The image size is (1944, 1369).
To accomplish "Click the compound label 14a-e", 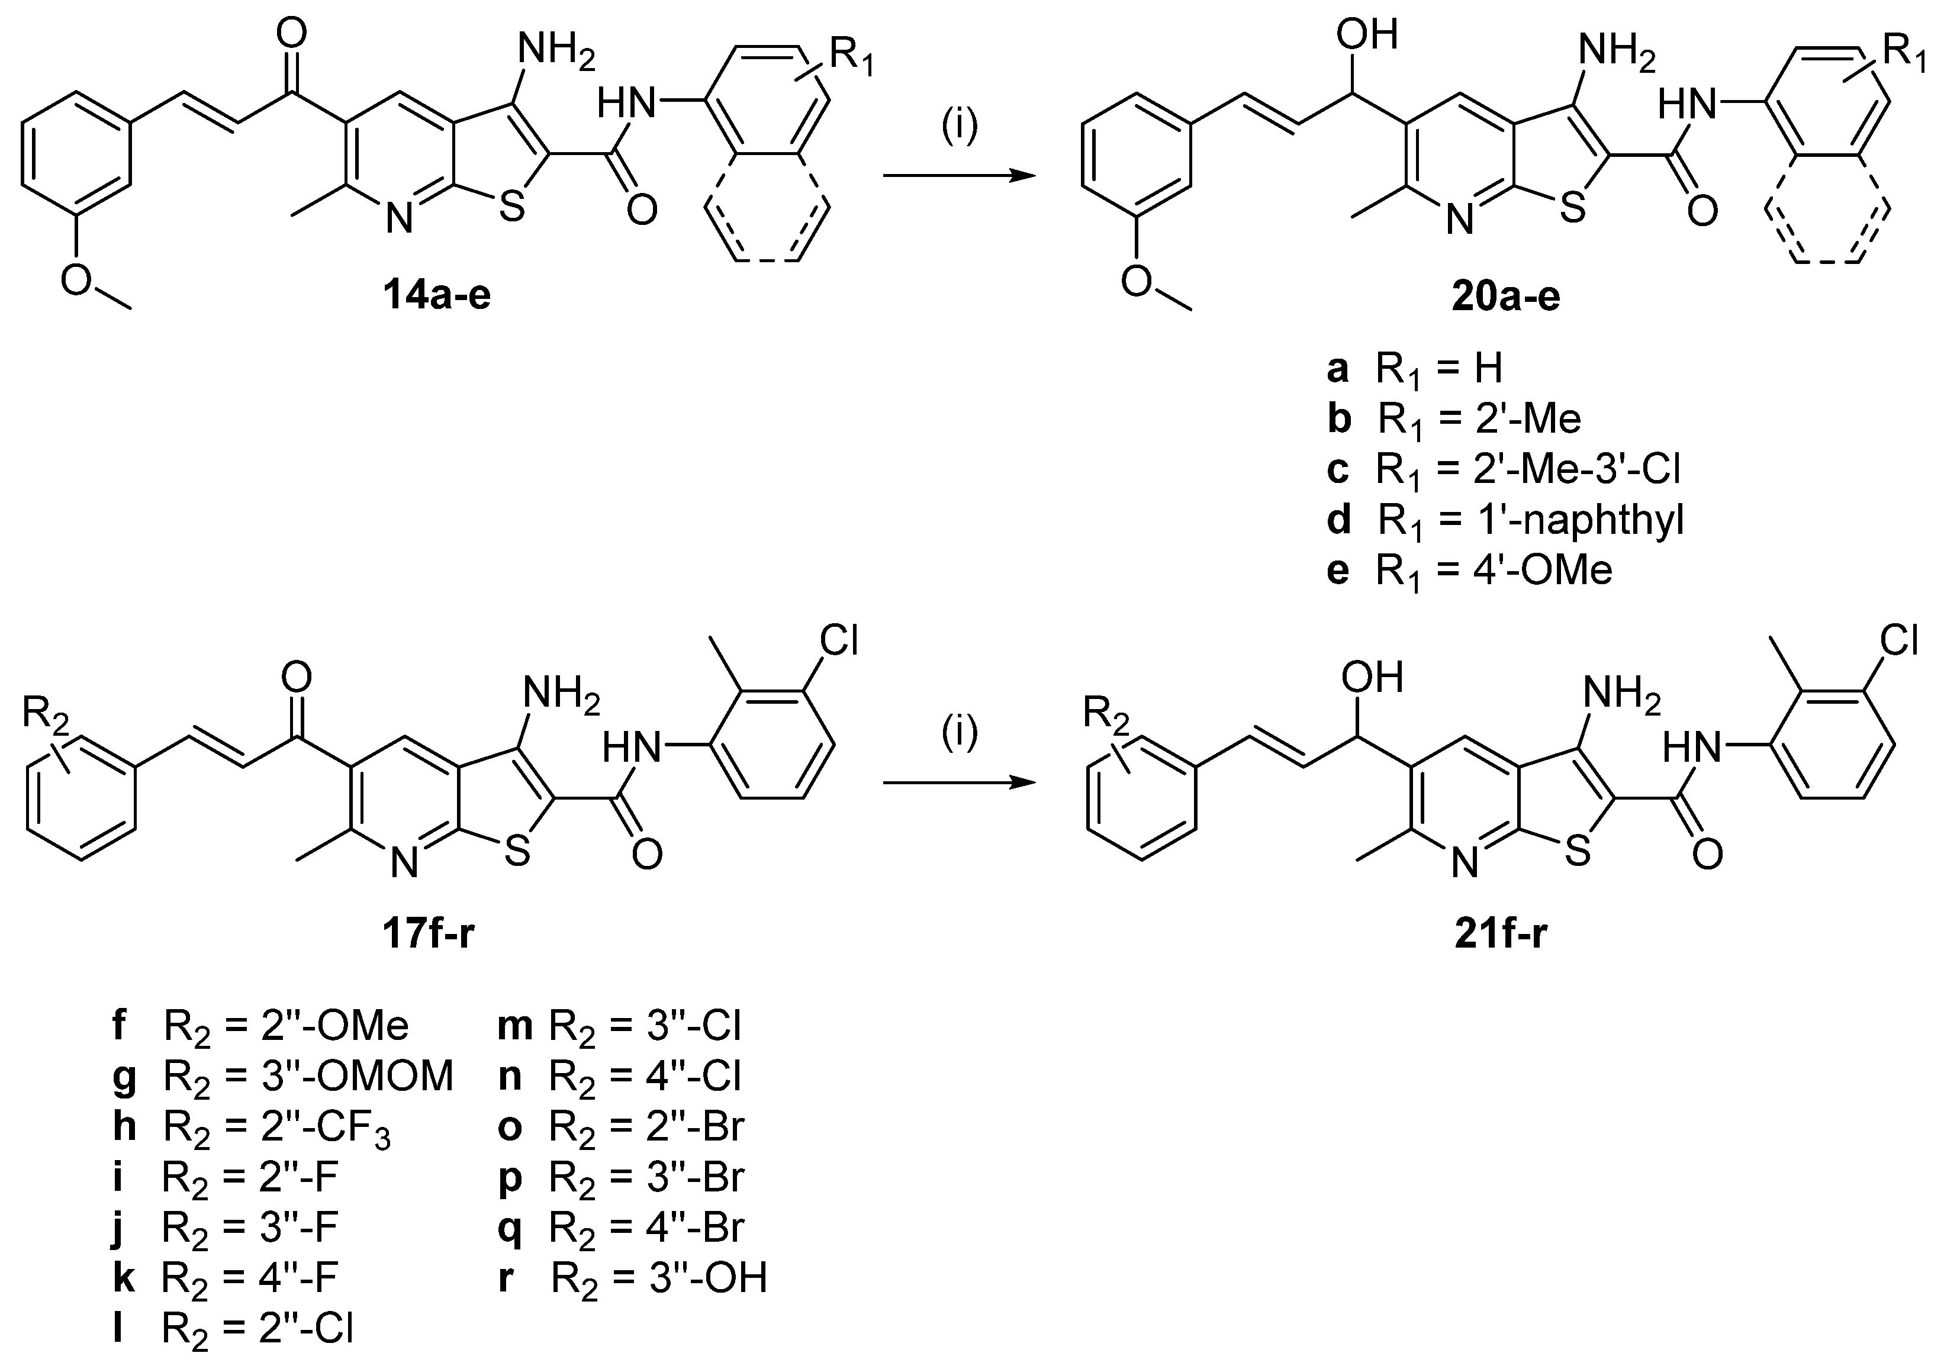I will click(x=436, y=297).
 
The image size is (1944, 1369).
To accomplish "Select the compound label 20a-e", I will click(x=1505, y=297).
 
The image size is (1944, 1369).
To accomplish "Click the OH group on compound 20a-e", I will click(x=1366, y=36).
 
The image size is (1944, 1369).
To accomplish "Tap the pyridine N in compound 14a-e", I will click(x=399, y=219).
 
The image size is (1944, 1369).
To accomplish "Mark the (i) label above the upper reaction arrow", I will click(x=960, y=125).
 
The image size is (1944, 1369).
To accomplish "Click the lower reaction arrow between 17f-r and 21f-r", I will click(x=960, y=783).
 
